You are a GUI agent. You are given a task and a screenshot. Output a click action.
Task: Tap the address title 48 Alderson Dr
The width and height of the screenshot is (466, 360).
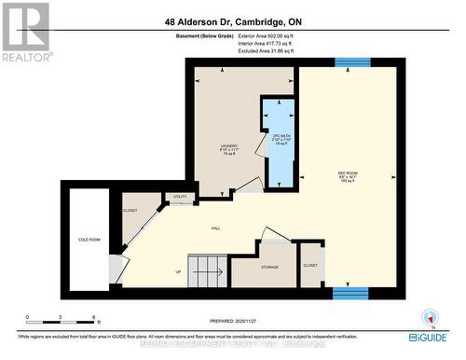tap(233, 21)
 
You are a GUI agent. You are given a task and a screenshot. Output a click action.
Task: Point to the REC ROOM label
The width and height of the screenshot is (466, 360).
tap(350, 174)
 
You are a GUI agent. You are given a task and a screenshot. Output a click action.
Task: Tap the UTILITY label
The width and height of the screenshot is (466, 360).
tap(178, 197)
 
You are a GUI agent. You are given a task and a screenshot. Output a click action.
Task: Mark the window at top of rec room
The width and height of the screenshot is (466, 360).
tap(352, 62)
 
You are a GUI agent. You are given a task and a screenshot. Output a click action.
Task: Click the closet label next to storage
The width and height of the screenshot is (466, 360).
tap(310, 266)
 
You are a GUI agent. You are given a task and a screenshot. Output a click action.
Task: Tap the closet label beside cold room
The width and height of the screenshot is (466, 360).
tap(130, 211)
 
